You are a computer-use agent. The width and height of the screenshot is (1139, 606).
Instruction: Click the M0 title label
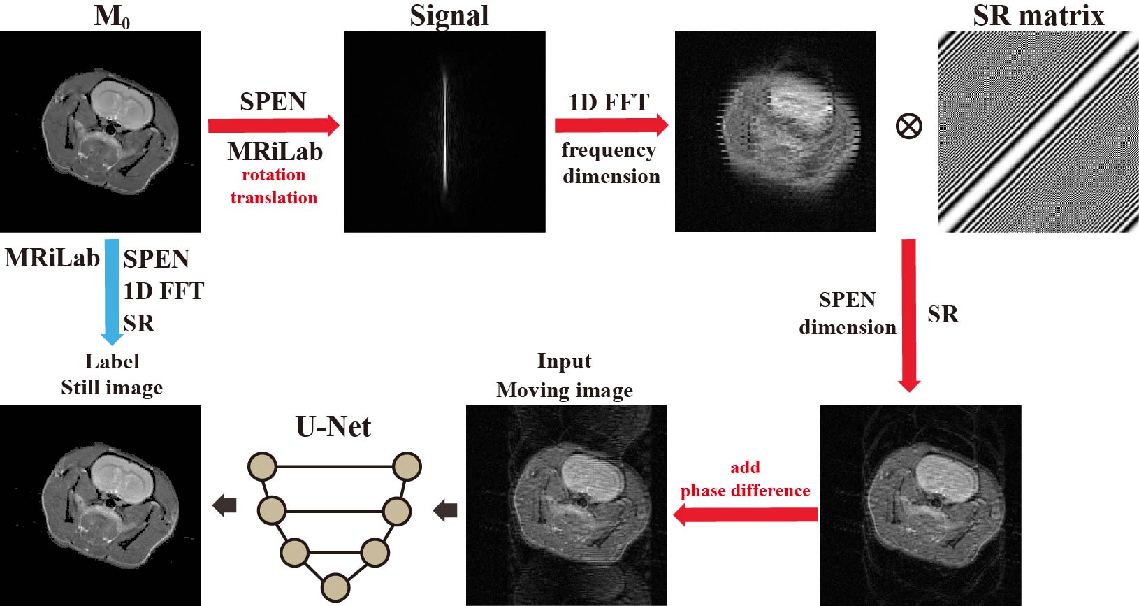(112, 16)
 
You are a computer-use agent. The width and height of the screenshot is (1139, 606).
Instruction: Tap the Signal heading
(449, 16)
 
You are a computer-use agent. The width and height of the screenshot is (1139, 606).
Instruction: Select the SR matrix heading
(1038, 16)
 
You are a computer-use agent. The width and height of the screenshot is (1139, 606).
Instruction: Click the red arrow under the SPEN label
(273, 126)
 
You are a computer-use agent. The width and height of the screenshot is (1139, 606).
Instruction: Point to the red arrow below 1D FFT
(611, 125)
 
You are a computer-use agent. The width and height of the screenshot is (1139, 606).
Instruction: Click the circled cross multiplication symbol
(908, 127)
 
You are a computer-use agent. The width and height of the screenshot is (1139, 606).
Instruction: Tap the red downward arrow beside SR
(908, 315)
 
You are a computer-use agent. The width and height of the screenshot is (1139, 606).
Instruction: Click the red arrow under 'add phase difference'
(745, 515)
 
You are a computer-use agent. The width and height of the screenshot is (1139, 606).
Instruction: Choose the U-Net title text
(333, 426)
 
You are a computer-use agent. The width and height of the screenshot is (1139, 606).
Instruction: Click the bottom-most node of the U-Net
(335, 587)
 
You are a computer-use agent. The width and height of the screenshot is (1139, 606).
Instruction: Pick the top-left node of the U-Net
(263, 466)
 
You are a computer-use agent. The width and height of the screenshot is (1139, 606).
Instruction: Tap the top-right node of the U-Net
(407, 466)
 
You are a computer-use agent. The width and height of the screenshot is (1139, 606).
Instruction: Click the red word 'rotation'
(273, 175)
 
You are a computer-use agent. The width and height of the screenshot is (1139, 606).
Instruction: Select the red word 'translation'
(273, 198)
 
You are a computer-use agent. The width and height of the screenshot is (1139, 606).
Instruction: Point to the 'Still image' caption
(112, 387)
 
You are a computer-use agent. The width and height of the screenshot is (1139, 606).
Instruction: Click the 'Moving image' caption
(565, 390)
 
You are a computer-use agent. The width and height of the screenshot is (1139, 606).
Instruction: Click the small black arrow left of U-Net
(224, 505)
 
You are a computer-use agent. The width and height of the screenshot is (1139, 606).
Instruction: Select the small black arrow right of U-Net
(445, 510)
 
